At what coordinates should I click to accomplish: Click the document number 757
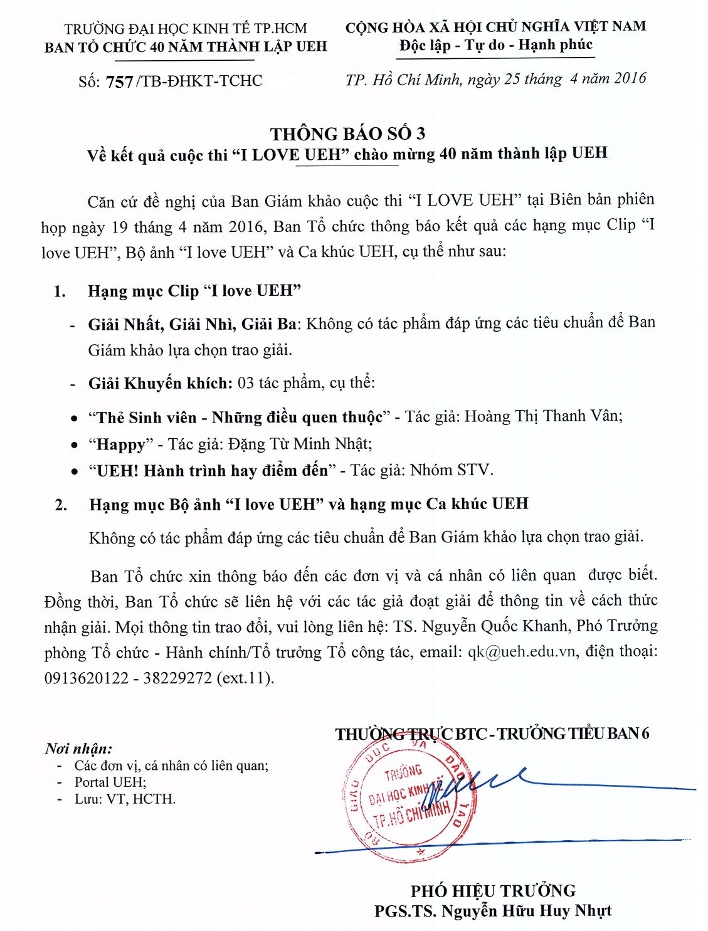click(119, 82)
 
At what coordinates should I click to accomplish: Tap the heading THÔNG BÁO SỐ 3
click(347, 134)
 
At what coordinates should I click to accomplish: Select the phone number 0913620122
click(86, 678)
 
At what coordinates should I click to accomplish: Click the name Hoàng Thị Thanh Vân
click(542, 416)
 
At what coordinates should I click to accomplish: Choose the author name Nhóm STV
click(452, 470)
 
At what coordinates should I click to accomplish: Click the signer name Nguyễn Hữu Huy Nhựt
click(526, 911)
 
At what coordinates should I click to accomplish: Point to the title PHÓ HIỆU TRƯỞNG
click(493, 890)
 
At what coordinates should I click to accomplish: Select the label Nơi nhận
click(78, 749)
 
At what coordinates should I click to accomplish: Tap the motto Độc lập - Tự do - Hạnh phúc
click(495, 45)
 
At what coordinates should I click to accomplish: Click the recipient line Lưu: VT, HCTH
click(125, 799)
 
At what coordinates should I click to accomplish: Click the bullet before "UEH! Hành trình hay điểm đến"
click(75, 471)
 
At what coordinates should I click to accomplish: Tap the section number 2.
click(61, 505)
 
